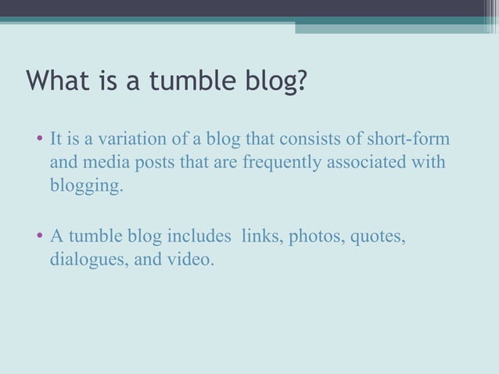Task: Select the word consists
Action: click(317, 141)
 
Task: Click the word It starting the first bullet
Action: click(56, 141)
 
